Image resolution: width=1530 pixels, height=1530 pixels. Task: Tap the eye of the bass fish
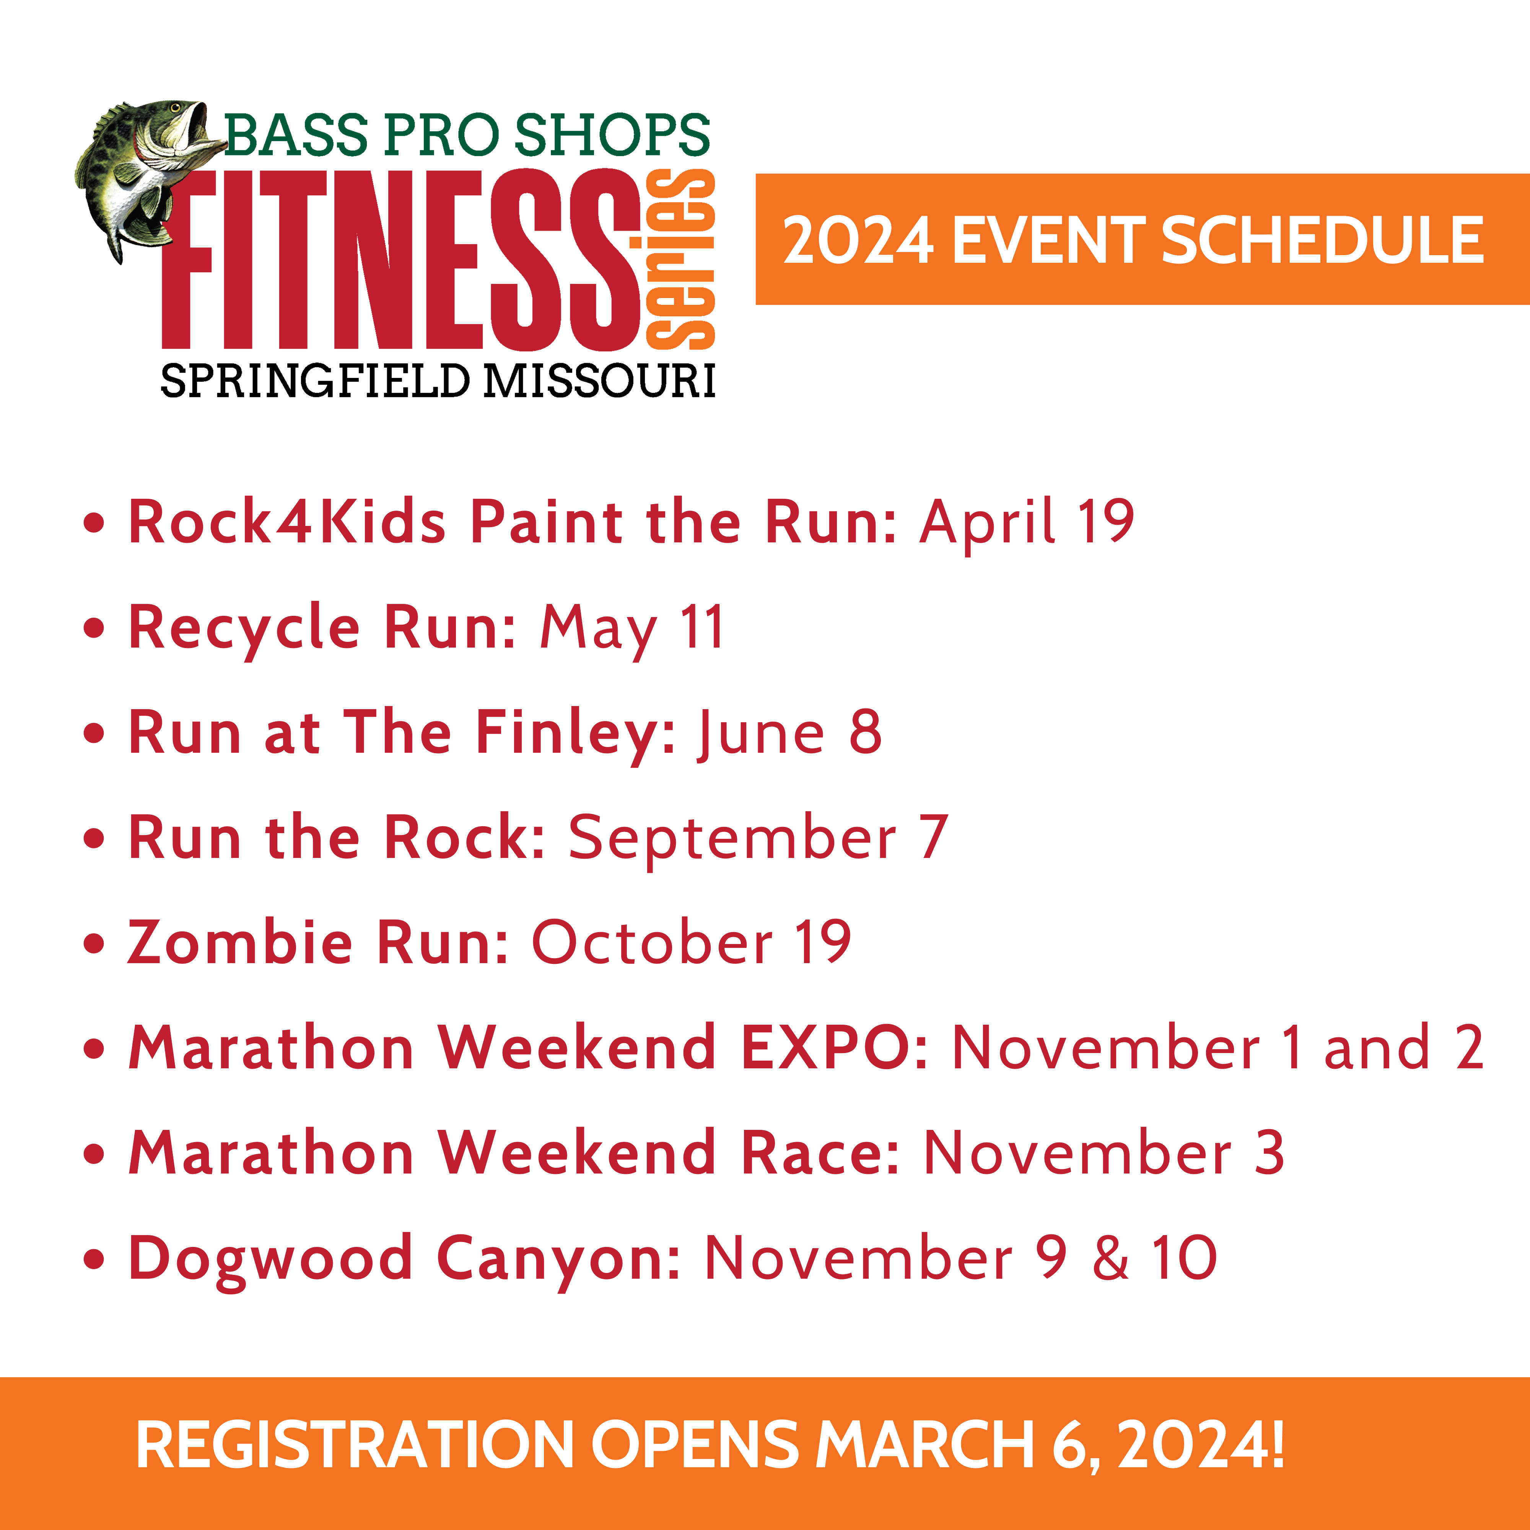click(175, 108)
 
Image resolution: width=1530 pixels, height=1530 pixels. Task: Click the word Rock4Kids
click(286, 522)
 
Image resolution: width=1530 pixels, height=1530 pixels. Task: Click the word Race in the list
click(820, 1153)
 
